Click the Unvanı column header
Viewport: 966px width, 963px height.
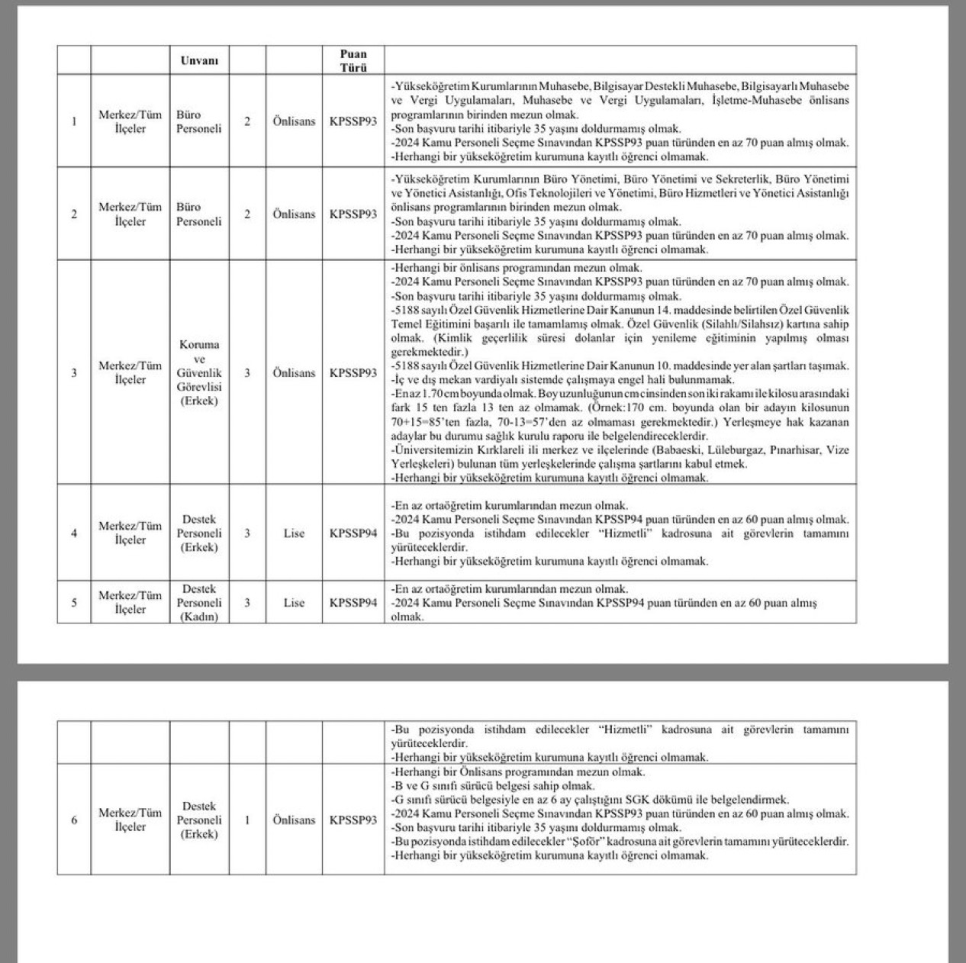198,60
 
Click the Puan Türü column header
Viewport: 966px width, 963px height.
353,60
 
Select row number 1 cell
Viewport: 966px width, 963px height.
74,121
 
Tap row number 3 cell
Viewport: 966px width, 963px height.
74,373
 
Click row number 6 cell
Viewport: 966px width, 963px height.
74,820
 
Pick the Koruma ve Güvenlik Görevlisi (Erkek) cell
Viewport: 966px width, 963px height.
198,372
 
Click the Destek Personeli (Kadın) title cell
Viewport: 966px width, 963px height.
198,603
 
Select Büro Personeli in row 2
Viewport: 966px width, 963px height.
198,214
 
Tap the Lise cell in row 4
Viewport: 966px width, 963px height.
294,533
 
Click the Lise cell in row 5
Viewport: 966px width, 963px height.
294,603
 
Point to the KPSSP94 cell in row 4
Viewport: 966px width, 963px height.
353,533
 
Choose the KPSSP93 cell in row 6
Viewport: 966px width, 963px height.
353,820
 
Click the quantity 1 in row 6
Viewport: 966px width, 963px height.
247,820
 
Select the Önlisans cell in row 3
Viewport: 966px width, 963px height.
294,373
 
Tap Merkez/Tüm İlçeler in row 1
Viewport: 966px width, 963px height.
130,121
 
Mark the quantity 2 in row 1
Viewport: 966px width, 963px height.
247,121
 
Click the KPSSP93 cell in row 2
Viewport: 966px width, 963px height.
353,214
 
